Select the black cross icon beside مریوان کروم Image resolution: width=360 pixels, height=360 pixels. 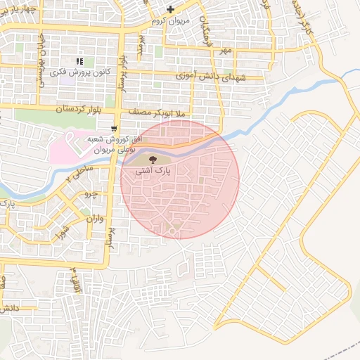click(170, 9)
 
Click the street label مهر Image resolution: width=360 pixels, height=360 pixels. click(224, 51)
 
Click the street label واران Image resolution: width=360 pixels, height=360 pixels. click(94, 219)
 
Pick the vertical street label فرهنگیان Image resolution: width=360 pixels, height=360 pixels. click(205, 23)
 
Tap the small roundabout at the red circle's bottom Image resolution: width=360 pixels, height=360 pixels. click(171, 231)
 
